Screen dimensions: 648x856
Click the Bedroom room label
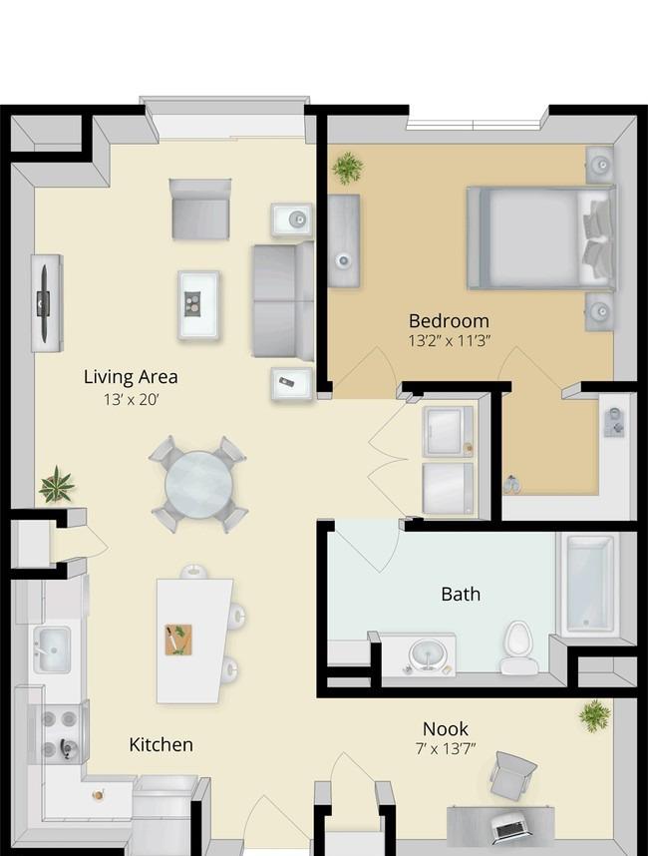coord(449,320)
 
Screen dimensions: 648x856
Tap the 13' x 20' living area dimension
coord(131,400)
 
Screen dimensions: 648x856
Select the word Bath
coord(461,594)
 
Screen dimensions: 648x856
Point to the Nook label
coord(445,729)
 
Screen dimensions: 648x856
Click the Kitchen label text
coord(161,744)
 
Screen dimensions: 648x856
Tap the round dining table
coord(198,484)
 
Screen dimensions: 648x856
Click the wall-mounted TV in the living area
coord(43,302)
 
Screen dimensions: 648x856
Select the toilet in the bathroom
coord(518,646)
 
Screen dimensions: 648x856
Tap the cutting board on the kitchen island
coord(178,640)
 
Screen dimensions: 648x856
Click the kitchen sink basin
coord(52,649)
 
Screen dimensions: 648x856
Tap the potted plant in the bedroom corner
coord(348,169)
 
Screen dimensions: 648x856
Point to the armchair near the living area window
coord(200,210)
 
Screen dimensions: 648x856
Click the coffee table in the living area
coord(199,305)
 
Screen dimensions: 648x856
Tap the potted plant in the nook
coord(594,715)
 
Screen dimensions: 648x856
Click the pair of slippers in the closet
coord(511,484)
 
